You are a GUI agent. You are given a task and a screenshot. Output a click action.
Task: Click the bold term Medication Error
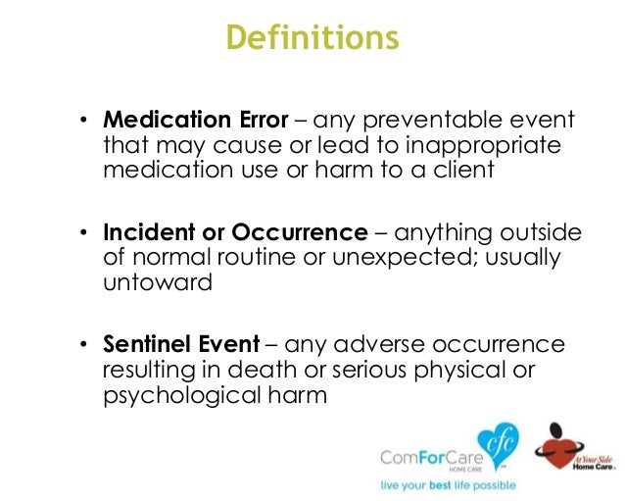[196, 121]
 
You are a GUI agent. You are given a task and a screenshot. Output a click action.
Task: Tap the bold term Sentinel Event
[181, 344]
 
